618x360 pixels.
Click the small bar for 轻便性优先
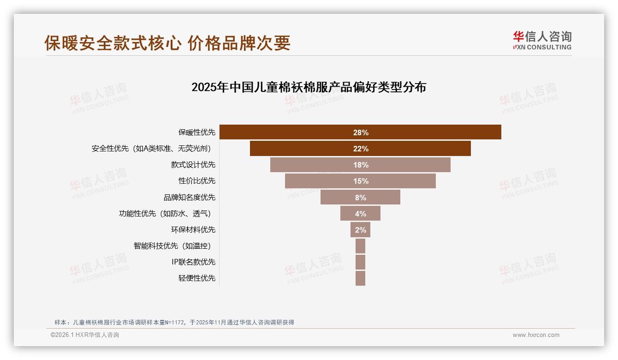360,278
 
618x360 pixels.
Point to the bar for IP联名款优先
360,262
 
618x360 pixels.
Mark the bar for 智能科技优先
360,246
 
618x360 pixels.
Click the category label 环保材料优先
193,229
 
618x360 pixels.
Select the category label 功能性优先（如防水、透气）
167,213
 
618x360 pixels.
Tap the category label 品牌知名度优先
189,197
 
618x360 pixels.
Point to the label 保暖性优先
196,132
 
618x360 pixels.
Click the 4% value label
361,214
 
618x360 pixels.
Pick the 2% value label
361,230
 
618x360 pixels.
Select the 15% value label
361,181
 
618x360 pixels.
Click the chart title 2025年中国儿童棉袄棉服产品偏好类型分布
309,87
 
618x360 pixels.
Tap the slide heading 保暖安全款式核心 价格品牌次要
167,43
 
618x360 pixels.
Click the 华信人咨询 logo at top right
542,41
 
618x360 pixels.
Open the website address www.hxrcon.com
536,335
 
